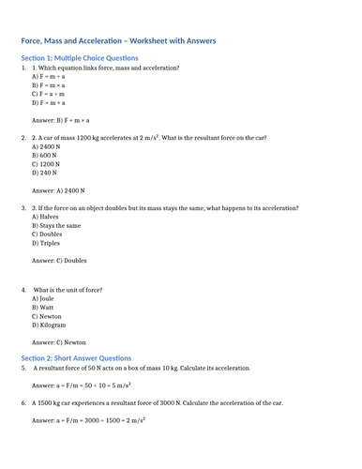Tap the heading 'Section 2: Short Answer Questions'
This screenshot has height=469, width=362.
(77, 357)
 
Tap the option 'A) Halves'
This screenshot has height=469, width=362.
(46, 217)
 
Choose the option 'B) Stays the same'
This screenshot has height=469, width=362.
(56, 226)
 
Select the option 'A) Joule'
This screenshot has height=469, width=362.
(44, 298)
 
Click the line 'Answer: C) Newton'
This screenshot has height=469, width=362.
(65, 342)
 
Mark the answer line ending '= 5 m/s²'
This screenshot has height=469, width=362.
(81, 386)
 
